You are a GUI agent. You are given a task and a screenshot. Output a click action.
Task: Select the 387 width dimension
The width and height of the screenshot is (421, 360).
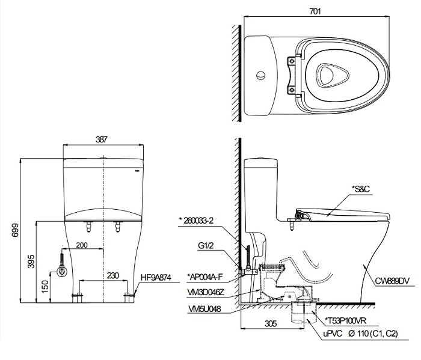(102, 139)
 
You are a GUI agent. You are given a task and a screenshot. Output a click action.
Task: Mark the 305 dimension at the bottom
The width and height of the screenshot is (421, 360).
(270, 325)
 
